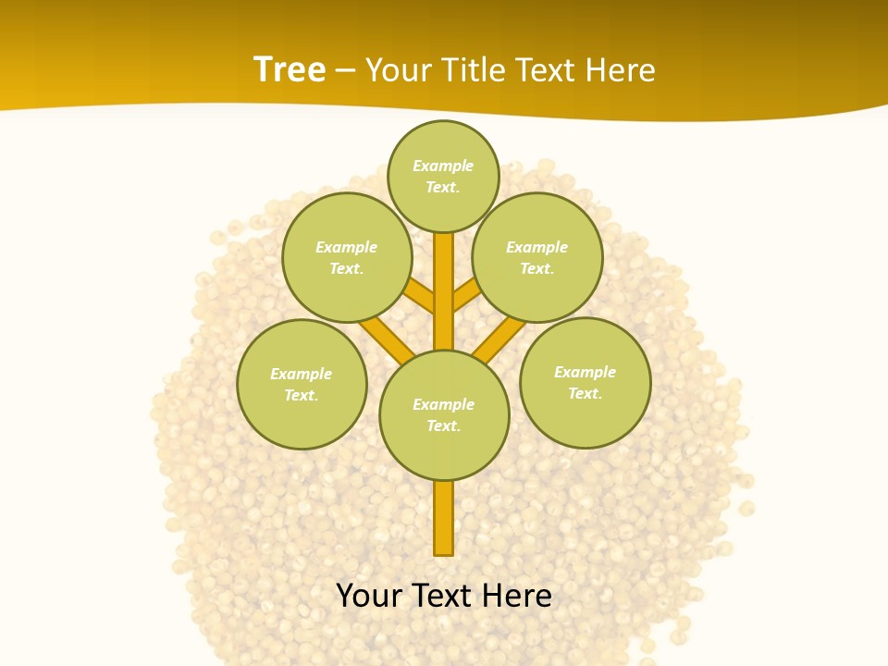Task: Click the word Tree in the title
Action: (x=290, y=69)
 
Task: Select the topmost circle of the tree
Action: (x=443, y=176)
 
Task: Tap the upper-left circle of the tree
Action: (x=347, y=257)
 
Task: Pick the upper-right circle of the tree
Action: (x=537, y=257)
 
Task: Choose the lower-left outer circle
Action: (x=302, y=384)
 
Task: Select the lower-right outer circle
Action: (x=585, y=382)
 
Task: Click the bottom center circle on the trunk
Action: (x=444, y=414)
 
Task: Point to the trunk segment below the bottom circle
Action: (x=444, y=518)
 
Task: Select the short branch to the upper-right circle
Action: (x=466, y=295)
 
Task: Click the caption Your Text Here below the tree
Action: (x=444, y=596)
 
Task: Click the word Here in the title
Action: (x=622, y=69)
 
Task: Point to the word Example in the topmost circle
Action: (x=443, y=166)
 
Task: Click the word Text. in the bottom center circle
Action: (x=444, y=425)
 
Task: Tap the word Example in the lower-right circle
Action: (x=585, y=372)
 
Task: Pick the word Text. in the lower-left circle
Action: (x=302, y=395)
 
